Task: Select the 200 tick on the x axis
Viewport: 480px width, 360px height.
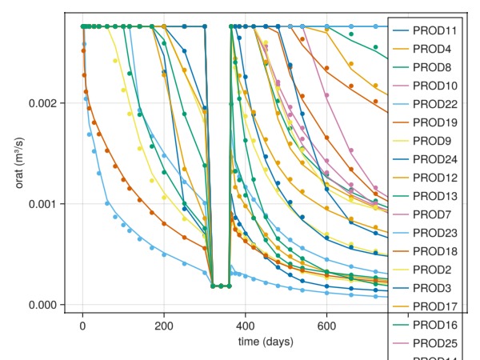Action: (164, 327)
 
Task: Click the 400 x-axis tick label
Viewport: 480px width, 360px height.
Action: (246, 327)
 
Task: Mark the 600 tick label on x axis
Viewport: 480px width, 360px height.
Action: (327, 327)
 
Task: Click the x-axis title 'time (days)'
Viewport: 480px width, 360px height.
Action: (266, 342)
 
